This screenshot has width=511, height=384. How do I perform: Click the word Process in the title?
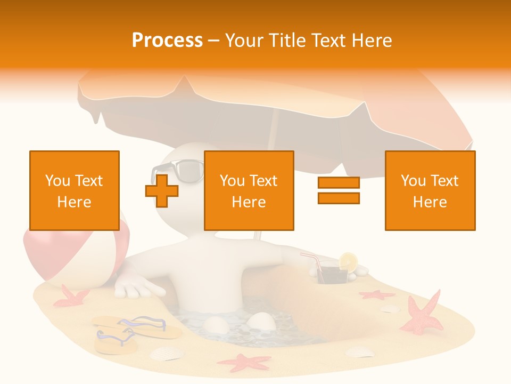click(167, 41)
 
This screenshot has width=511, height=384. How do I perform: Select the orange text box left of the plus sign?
click(75, 190)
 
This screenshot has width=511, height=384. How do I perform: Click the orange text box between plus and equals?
click(249, 190)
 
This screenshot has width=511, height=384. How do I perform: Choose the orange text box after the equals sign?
click(430, 190)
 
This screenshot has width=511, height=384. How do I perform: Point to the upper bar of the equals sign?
click(339, 183)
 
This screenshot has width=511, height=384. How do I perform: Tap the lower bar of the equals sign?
click(339, 198)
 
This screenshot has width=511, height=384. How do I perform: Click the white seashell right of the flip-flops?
click(166, 353)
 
